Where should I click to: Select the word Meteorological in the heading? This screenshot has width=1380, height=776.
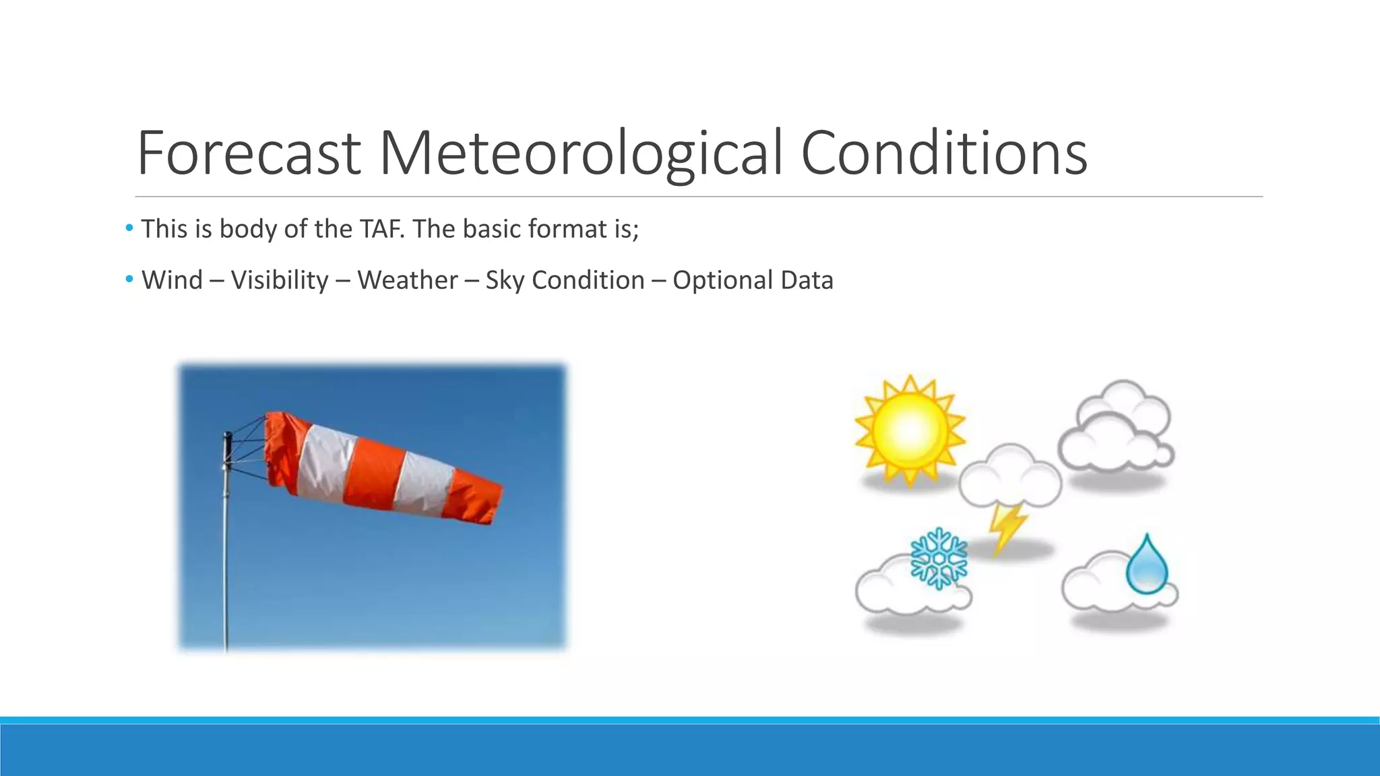[x=582, y=153]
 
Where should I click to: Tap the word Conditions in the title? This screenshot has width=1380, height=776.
[x=943, y=153]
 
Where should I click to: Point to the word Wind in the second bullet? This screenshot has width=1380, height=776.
[x=172, y=280]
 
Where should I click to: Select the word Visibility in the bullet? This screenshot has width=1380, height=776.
[x=280, y=280]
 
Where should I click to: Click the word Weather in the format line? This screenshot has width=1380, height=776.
[x=408, y=280]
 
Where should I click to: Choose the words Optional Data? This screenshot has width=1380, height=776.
[x=753, y=280]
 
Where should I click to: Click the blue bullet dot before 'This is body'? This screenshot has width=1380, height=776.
[x=129, y=228]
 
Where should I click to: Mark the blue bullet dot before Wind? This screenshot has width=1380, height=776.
[x=129, y=279]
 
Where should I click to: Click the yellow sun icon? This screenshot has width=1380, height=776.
[x=909, y=429]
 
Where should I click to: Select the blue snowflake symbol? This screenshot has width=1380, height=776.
[x=938, y=558]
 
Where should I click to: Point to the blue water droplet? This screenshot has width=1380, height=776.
[x=1146, y=565]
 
